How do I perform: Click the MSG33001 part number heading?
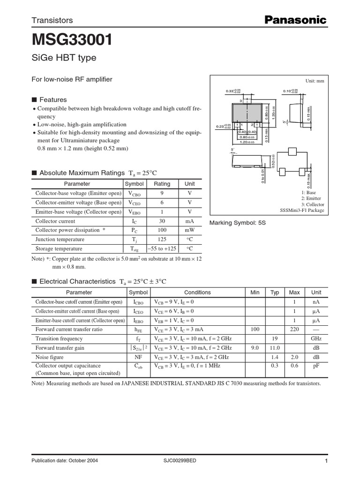(72, 40)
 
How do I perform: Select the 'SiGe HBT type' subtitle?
(64, 58)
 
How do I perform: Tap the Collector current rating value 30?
(162, 221)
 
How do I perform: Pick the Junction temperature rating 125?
(162, 240)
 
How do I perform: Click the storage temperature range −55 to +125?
(162, 249)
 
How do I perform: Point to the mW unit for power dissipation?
(189, 230)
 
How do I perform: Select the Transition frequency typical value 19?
(275, 338)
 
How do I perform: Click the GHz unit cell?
(316, 338)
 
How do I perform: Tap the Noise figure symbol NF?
(138, 357)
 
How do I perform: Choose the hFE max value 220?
(294, 330)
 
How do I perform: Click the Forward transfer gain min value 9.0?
(255, 348)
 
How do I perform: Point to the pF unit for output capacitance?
(316, 366)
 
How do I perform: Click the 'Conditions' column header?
(197, 292)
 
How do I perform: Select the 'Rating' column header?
(162, 184)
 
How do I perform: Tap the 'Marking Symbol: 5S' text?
(237, 223)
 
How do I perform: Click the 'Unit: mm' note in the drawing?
(315, 81)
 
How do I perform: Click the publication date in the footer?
(64, 461)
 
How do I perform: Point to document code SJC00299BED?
(180, 461)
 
